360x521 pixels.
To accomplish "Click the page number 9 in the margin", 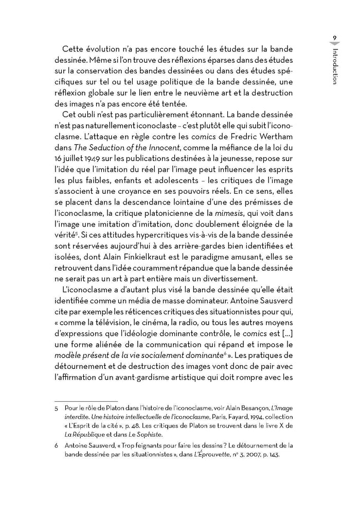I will point(334,38).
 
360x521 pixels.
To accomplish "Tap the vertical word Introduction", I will point(335,66).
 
